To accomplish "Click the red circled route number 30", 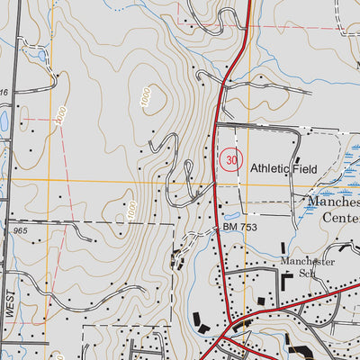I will [x=232, y=160].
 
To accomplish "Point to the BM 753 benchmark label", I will [x=240, y=229].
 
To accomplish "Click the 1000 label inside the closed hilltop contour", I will [x=146, y=102].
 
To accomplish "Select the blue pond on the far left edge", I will [x=3, y=120].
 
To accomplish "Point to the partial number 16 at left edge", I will [x=4, y=93].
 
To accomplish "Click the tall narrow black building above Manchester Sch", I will [x=284, y=248].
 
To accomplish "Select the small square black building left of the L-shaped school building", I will [x=261, y=301].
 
